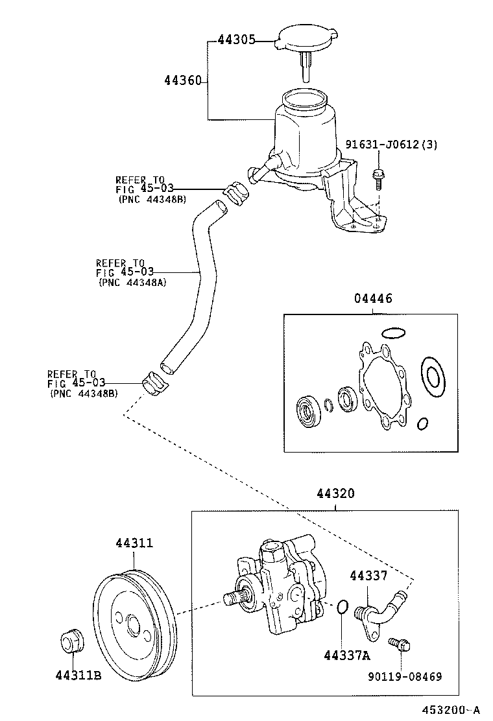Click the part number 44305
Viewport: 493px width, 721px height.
coord(237,41)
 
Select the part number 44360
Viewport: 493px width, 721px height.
coord(184,80)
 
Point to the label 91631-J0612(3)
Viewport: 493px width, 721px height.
coord(391,145)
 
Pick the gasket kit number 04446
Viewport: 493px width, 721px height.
coord(372,299)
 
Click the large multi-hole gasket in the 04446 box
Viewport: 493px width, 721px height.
coord(382,388)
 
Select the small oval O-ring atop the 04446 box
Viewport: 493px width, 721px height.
coord(394,333)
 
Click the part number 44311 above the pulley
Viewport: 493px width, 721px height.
coord(134,543)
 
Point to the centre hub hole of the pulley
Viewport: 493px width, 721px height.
coord(133,625)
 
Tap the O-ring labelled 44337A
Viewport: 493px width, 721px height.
coord(343,608)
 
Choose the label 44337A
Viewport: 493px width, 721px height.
coord(346,656)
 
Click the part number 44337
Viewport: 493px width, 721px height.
coord(368,575)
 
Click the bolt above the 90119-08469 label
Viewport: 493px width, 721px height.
coord(399,644)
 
